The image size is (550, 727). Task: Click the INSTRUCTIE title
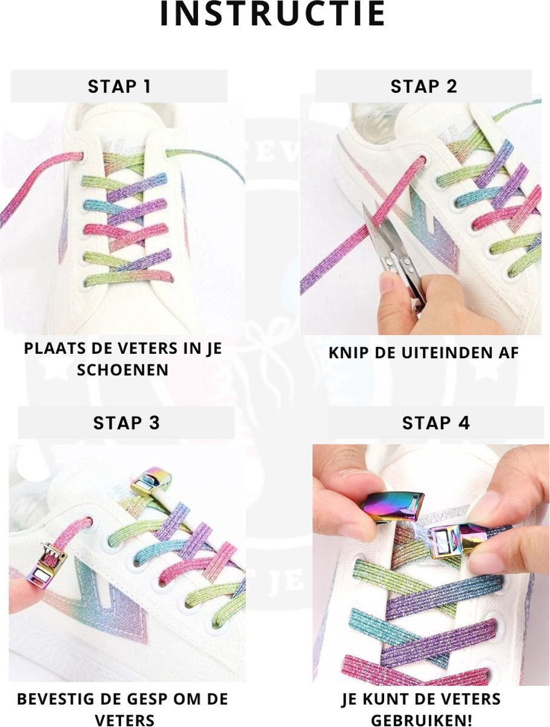273,13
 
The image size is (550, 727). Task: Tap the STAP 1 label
119,87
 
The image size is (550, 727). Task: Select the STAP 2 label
423,87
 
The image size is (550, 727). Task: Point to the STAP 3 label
126,423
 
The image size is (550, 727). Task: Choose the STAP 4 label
436,423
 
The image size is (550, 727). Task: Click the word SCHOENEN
123,370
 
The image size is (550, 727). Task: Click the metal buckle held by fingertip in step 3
47,565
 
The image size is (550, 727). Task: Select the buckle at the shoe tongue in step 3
151,481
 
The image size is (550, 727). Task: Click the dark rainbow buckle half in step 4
392,507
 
